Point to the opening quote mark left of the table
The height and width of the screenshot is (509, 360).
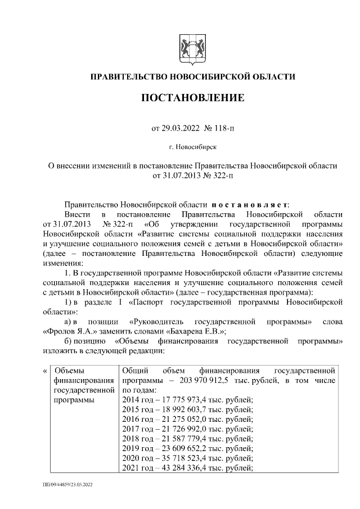point(45,371)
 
